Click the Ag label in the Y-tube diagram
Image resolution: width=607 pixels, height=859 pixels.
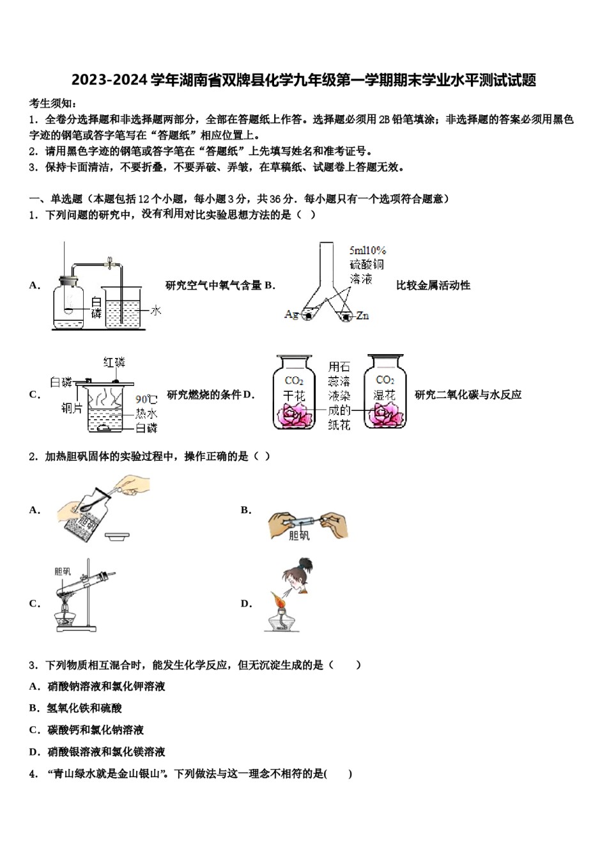pos(291,314)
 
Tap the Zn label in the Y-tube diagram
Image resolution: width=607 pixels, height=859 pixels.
pos(362,316)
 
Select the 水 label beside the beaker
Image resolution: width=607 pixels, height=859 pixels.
pos(155,311)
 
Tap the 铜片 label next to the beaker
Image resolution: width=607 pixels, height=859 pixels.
pos(72,408)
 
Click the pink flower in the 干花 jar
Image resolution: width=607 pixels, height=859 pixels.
pos(295,416)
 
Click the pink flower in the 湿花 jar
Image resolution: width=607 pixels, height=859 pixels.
pos(385,415)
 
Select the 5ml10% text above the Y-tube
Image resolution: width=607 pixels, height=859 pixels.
pos(367,251)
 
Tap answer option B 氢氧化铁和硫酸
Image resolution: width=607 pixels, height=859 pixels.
pos(84,708)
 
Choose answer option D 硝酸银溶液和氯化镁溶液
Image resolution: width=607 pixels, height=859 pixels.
pos(106,752)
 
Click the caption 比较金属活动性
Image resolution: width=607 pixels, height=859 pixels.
pos(433,286)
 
